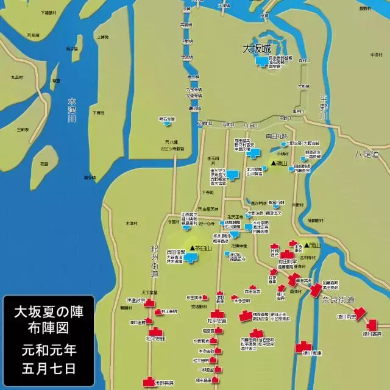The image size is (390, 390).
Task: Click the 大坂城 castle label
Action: tap(256, 48)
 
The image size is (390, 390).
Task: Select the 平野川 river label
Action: tap(324, 107)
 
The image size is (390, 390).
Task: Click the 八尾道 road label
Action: tap(367, 155)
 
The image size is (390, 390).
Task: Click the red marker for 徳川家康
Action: tap(303, 349)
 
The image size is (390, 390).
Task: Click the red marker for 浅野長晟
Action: tap(149, 382)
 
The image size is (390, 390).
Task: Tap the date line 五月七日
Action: tap(48, 368)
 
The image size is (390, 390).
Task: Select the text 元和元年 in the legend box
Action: tap(48, 350)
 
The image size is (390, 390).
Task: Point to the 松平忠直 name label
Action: tap(216, 320)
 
